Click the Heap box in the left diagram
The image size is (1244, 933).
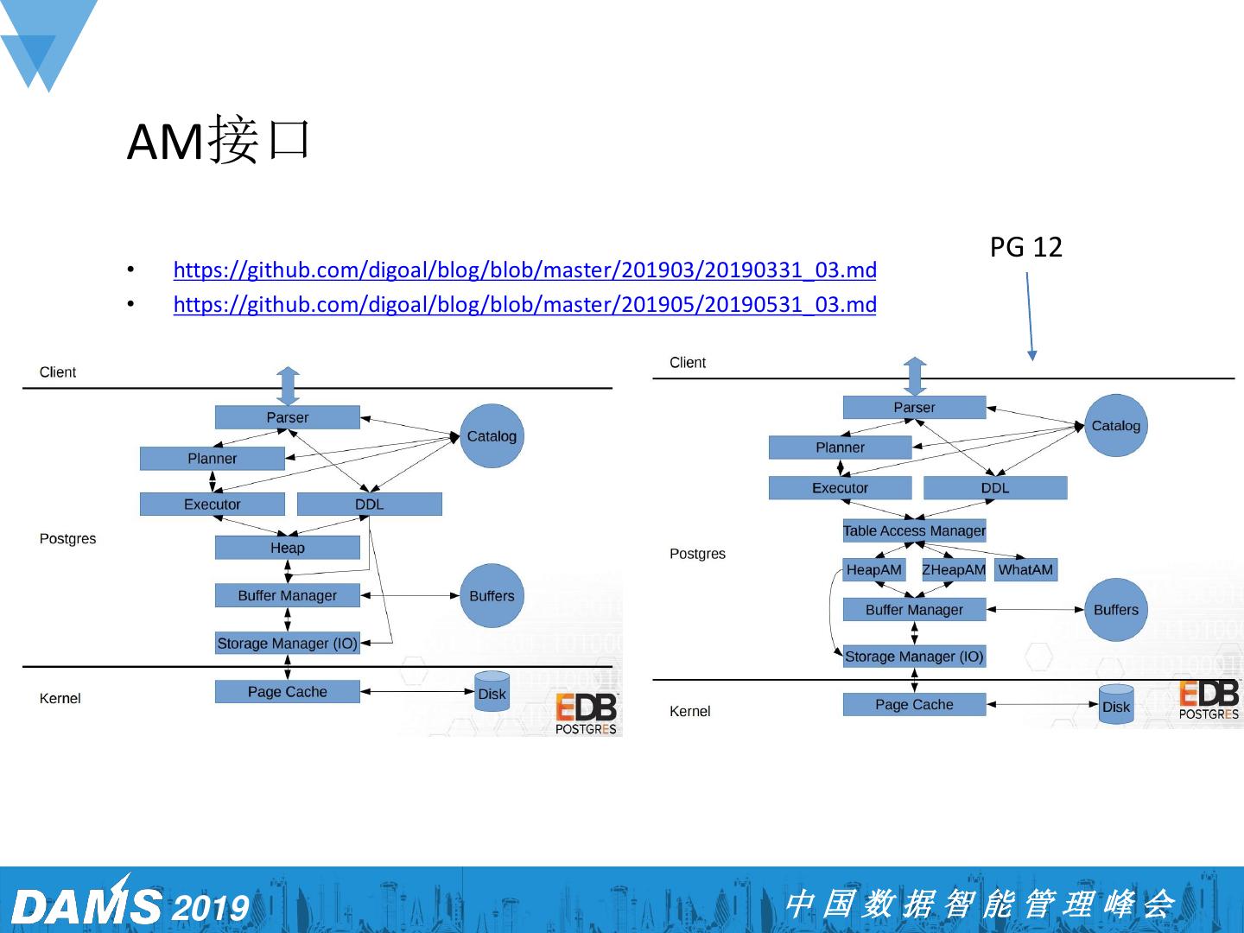click(x=287, y=548)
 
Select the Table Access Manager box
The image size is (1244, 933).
click(x=914, y=530)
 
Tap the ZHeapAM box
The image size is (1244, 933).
click(x=954, y=570)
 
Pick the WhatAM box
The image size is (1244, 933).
click(x=1025, y=570)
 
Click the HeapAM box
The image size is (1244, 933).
click(x=873, y=570)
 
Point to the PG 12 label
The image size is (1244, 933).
click(x=1025, y=248)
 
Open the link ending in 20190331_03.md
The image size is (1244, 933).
click(x=524, y=270)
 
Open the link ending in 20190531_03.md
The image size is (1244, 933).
click(x=524, y=305)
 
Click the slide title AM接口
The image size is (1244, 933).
click(x=219, y=140)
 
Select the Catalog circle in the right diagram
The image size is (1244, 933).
click(x=1115, y=426)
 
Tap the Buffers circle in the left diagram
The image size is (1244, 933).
click(x=492, y=596)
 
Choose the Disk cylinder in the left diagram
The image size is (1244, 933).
click(x=492, y=693)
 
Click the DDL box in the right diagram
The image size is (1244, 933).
click(x=994, y=488)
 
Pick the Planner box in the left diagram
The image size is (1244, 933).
click(x=212, y=459)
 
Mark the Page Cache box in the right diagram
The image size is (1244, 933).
click(x=914, y=705)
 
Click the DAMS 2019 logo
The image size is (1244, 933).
click(x=130, y=904)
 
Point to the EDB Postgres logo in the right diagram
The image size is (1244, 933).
click(x=1209, y=700)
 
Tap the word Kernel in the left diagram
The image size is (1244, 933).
click(x=60, y=698)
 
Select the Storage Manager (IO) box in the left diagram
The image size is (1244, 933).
click(x=287, y=644)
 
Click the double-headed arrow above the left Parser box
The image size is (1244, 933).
click(x=288, y=385)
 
